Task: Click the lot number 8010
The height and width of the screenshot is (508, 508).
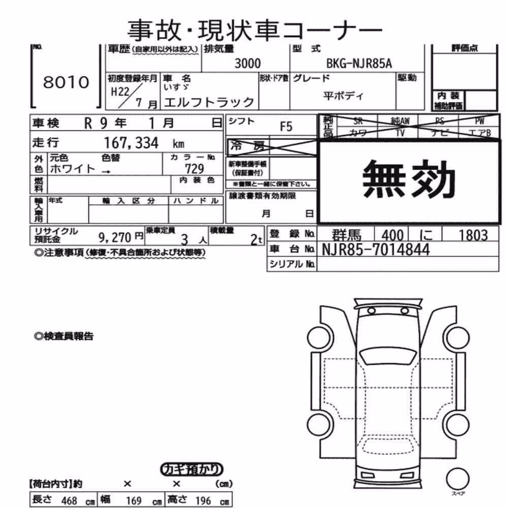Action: pos(66,82)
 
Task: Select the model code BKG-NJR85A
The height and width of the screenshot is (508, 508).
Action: pos(359,63)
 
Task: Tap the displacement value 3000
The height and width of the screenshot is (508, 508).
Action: pos(247,63)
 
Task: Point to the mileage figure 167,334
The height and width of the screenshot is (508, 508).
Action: pos(131,143)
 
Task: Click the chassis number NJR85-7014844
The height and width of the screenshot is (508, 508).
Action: pos(376,249)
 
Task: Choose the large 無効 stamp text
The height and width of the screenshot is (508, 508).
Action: pos(409,179)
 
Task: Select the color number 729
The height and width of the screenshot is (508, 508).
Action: pos(195,169)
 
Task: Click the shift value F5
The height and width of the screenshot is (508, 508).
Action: pos(286,126)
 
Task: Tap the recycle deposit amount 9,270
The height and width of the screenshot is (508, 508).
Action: pos(115,238)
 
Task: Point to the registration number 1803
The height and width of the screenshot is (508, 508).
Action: pos(473,236)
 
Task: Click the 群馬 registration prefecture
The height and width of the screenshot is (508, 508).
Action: pos(346,235)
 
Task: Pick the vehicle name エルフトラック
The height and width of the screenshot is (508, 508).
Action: pos(209,103)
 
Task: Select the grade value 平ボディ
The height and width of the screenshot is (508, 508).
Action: pos(343,96)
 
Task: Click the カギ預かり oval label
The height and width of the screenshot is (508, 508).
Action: pos(192,469)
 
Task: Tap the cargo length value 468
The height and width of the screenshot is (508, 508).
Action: pos(69,500)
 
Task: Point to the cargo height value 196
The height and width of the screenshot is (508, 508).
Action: pos(203,500)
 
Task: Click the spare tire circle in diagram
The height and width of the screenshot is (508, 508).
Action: pos(458,479)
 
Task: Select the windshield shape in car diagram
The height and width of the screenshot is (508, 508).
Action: pos(389,357)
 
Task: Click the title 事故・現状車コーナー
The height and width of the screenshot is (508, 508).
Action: pos(255,30)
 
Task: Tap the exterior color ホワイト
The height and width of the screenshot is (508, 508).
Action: pos(73,169)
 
